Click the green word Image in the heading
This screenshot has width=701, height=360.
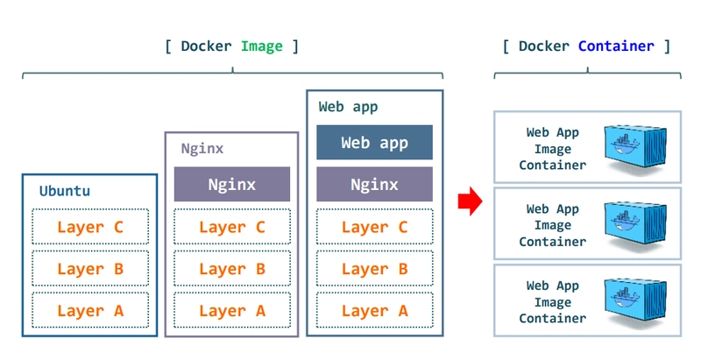262,46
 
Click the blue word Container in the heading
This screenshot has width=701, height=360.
616,46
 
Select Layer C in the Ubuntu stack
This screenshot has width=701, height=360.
90,227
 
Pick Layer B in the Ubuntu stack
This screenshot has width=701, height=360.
90,269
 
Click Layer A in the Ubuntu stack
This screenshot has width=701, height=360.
90,310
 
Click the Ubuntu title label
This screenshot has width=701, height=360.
64,190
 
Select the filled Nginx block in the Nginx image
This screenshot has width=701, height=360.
231,184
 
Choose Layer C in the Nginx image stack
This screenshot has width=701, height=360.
231,227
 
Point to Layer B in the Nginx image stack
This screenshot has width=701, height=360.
231,269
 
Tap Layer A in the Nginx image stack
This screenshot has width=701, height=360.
231,310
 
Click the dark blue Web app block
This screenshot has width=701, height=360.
374,142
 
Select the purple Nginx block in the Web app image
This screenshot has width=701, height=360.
374,184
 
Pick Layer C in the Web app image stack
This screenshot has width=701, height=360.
374,227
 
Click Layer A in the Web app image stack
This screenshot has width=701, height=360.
374,310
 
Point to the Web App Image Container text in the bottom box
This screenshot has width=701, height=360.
552,302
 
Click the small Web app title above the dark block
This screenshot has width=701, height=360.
348,107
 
